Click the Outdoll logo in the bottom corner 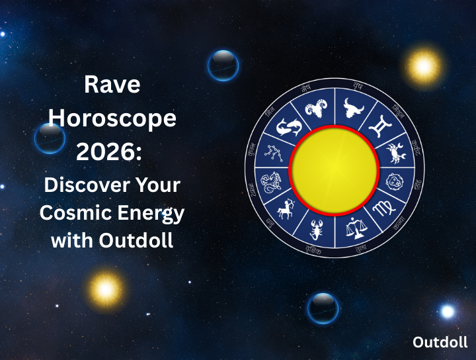[x=440, y=342]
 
